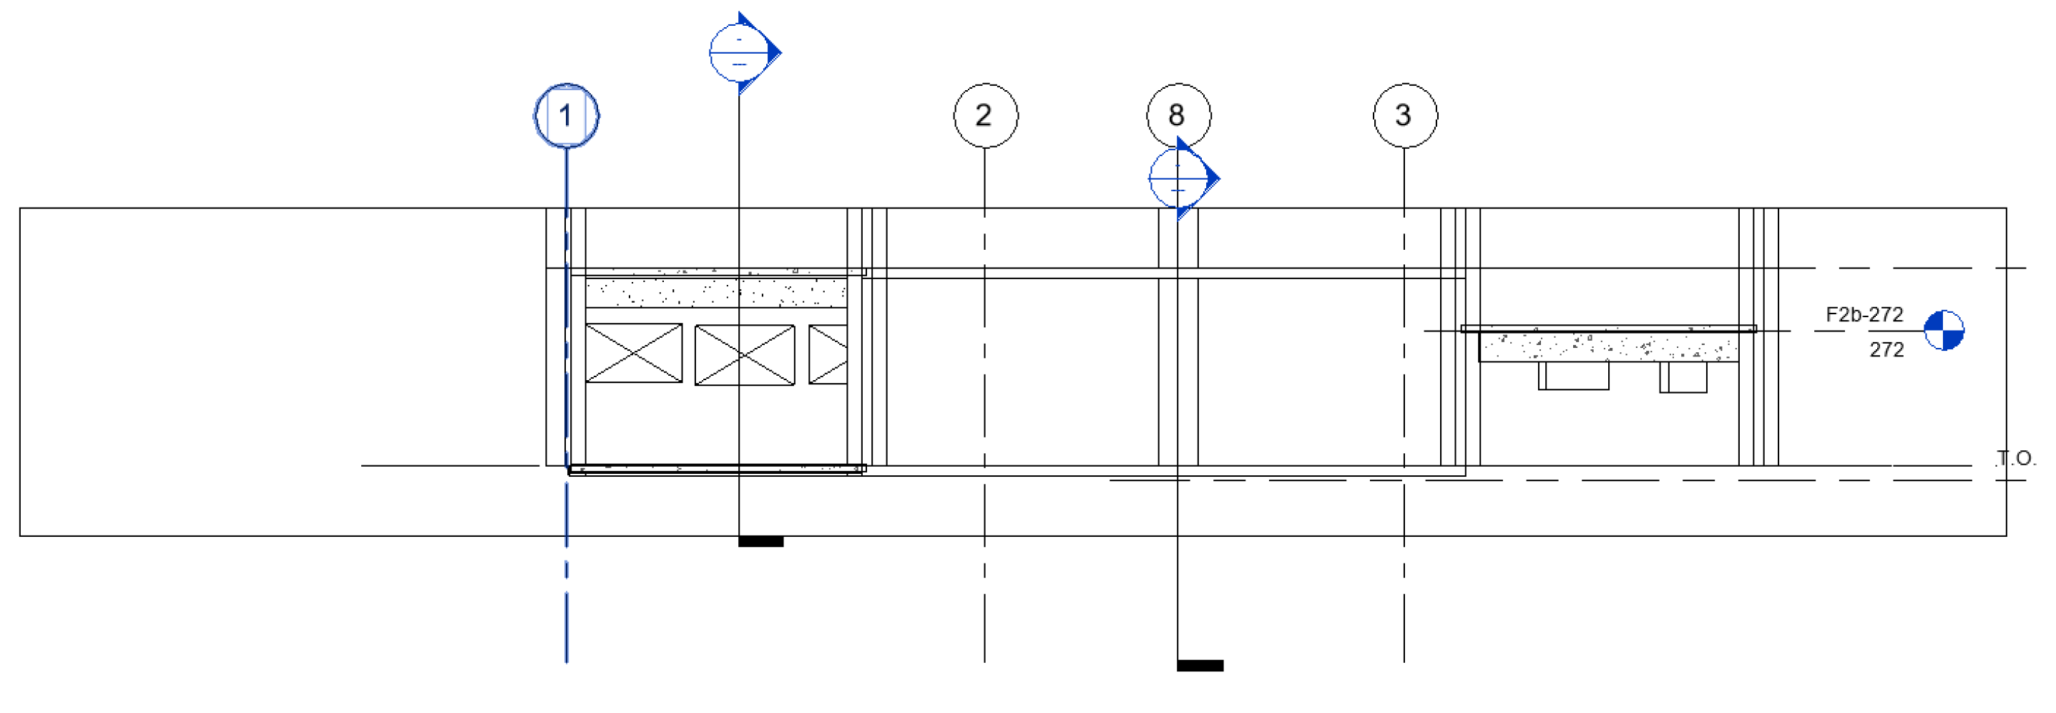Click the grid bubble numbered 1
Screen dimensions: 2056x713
566,116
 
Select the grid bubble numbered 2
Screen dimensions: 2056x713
985,116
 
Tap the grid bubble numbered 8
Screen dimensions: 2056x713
1178,115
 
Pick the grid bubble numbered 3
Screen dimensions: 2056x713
1405,116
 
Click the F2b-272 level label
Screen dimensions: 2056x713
1864,314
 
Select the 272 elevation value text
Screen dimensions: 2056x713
1886,350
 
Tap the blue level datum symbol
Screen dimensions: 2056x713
1944,331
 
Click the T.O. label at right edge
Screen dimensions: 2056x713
2016,458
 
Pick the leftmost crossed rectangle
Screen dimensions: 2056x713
634,353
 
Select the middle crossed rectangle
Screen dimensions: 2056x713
745,354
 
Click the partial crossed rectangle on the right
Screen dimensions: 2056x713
828,354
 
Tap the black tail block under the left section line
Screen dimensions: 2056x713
760,541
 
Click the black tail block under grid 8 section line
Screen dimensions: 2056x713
1200,665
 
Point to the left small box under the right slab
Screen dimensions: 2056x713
1574,375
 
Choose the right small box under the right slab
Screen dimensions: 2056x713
1683,377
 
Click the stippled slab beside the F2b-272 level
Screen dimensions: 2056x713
1608,346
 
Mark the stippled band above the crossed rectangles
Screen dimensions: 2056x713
716,292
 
